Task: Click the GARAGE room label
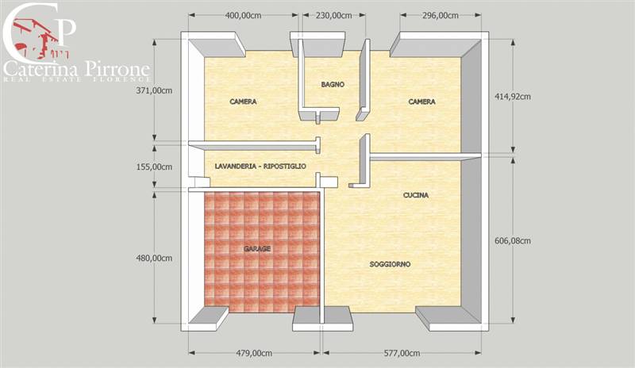tap(257, 248)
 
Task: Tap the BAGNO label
tap(333, 84)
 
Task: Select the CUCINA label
tap(416, 195)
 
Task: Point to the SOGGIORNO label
tap(390, 264)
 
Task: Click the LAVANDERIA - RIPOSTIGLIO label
tap(260, 167)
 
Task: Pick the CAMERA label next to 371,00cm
tap(244, 102)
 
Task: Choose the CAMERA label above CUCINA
tap(422, 102)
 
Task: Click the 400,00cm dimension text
tap(243, 16)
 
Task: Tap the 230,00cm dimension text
tap(333, 16)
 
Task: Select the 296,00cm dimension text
tap(441, 16)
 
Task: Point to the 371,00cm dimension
tap(154, 90)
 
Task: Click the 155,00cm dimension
tap(154, 167)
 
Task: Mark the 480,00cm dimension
tap(154, 259)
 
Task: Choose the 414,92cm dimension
tap(513, 96)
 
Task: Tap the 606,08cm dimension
tap(513, 241)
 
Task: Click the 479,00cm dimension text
tap(254, 354)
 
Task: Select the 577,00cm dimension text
tap(402, 354)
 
